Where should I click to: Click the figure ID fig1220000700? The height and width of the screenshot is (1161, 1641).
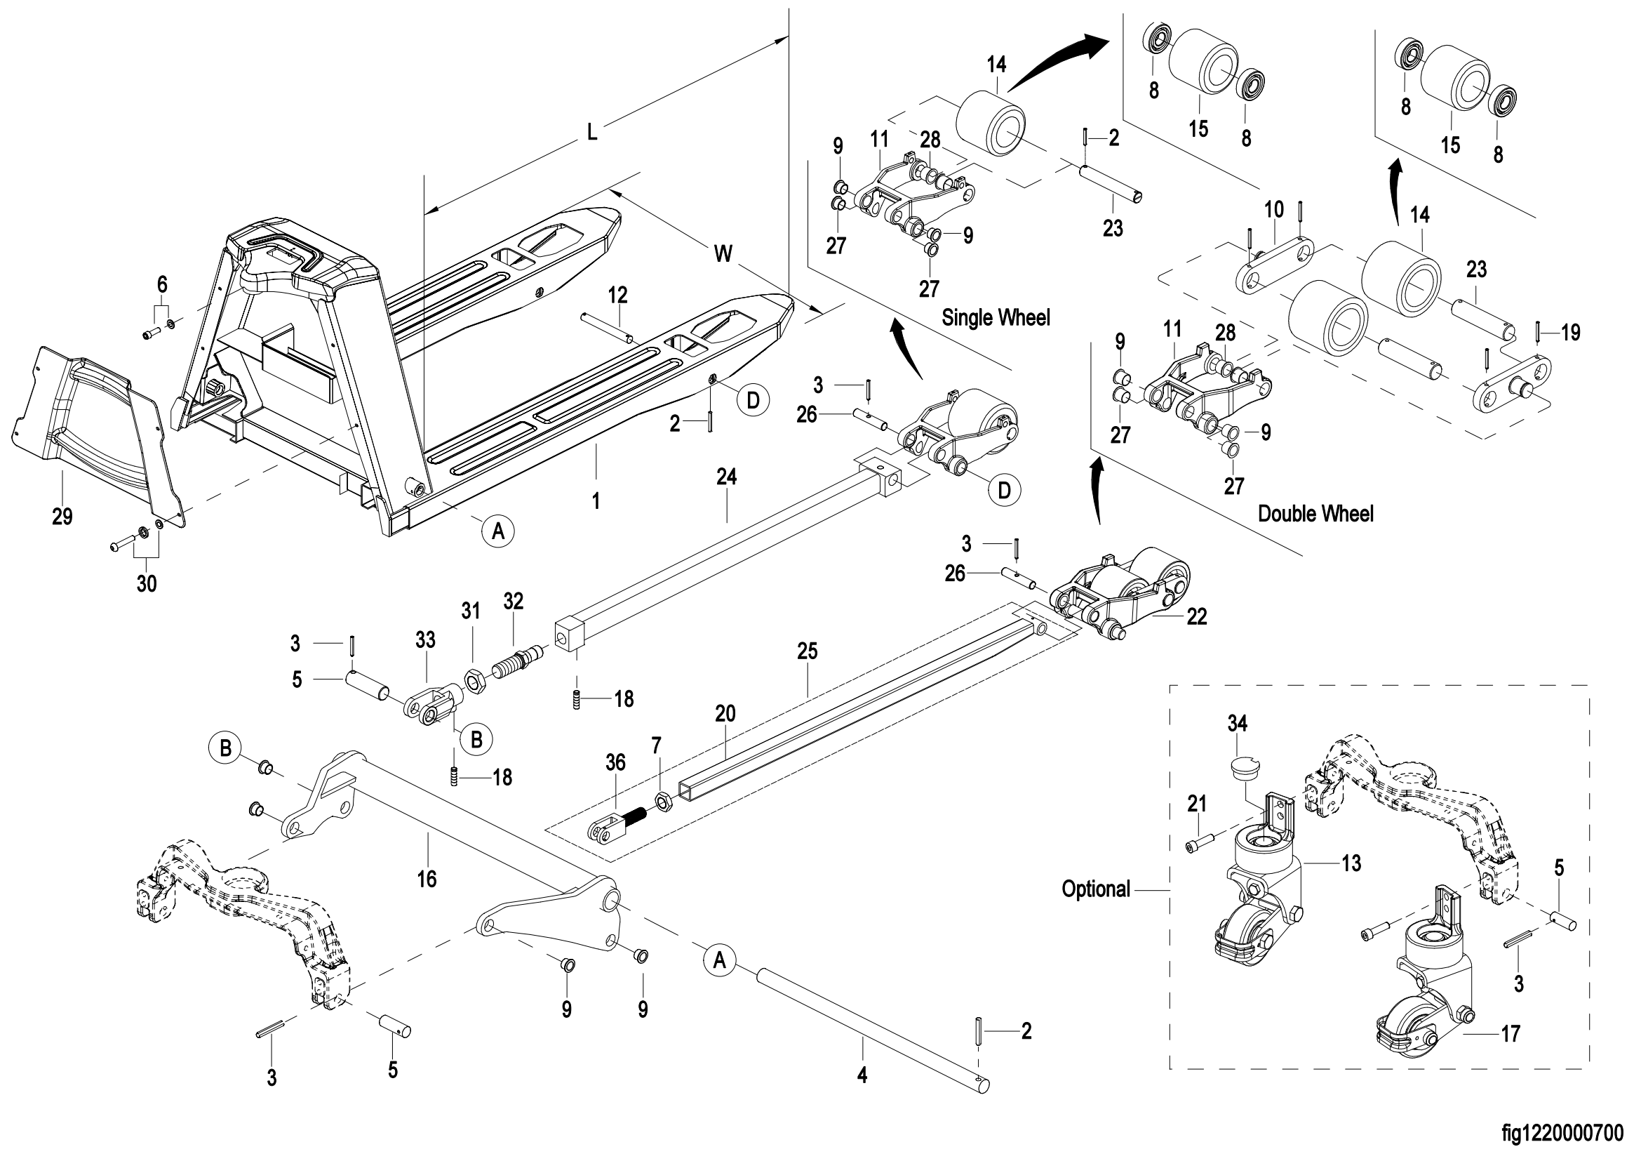[x=1562, y=1134]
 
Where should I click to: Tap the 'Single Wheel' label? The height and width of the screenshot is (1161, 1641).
[x=996, y=317]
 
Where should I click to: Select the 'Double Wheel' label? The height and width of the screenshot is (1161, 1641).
[x=1315, y=514]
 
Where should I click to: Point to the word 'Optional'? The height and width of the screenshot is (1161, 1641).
[x=1096, y=889]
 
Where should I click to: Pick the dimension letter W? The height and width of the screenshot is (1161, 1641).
[x=723, y=253]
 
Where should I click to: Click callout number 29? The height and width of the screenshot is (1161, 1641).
[x=62, y=516]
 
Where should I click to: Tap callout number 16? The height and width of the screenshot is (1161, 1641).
[x=427, y=879]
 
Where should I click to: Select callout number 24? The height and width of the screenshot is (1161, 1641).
[x=726, y=477]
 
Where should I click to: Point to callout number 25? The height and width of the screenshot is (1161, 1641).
[x=807, y=651]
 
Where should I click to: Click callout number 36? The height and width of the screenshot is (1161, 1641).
[x=615, y=763]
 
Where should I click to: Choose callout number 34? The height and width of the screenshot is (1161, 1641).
[x=1237, y=724]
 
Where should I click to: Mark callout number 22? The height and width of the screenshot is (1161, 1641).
[x=1196, y=616]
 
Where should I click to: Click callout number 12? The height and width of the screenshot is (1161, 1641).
[x=617, y=295]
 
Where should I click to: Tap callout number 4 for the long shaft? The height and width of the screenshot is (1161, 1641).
[x=862, y=1075]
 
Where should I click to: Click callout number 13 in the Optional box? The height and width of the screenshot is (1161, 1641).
[x=1351, y=863]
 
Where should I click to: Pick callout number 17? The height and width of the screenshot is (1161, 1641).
[x=1511, y=1034]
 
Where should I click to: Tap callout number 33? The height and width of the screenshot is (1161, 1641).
[x=425, y=640]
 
